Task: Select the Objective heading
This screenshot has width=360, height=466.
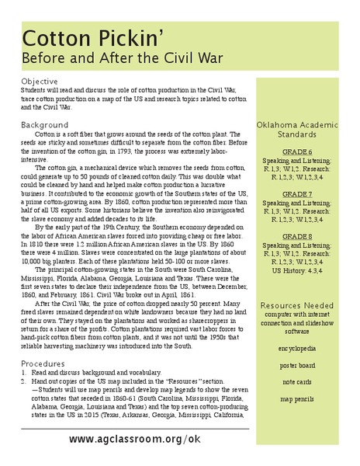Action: tap(39, 81)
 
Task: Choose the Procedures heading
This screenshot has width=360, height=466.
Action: tap(43, 363)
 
